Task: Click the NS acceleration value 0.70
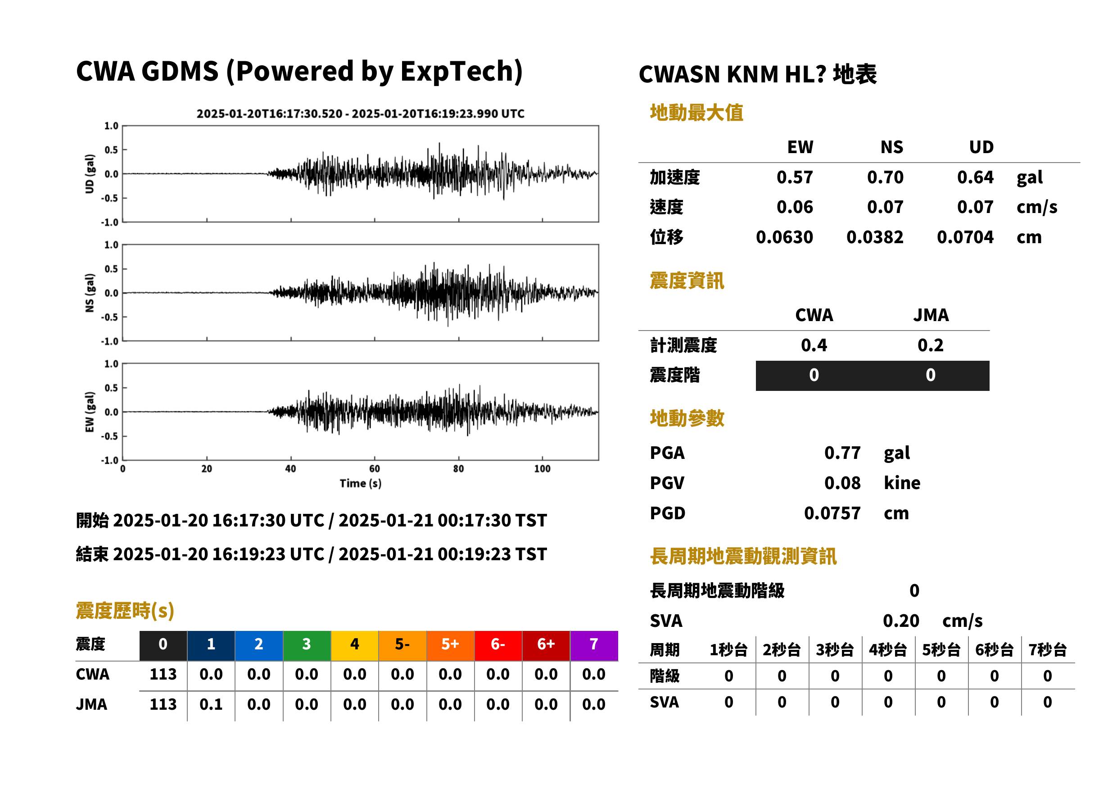pos(885,177)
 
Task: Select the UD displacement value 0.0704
pos(965,237)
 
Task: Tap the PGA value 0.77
pos(842,453)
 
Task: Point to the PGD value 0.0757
pos(832,513)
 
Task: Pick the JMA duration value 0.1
pos(211,704)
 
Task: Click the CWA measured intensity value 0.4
pos(814,345)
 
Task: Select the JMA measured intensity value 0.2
pos(930,345)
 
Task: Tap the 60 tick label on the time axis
pos(374,468)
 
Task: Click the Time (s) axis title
pos(360,483)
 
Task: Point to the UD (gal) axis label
pos(90,173)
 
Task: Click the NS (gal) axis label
pos(90,292)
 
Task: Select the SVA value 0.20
pos(901,621)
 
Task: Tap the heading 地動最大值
pos(696,113)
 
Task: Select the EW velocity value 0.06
pos(794,207)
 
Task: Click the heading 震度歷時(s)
pos(125,611)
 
